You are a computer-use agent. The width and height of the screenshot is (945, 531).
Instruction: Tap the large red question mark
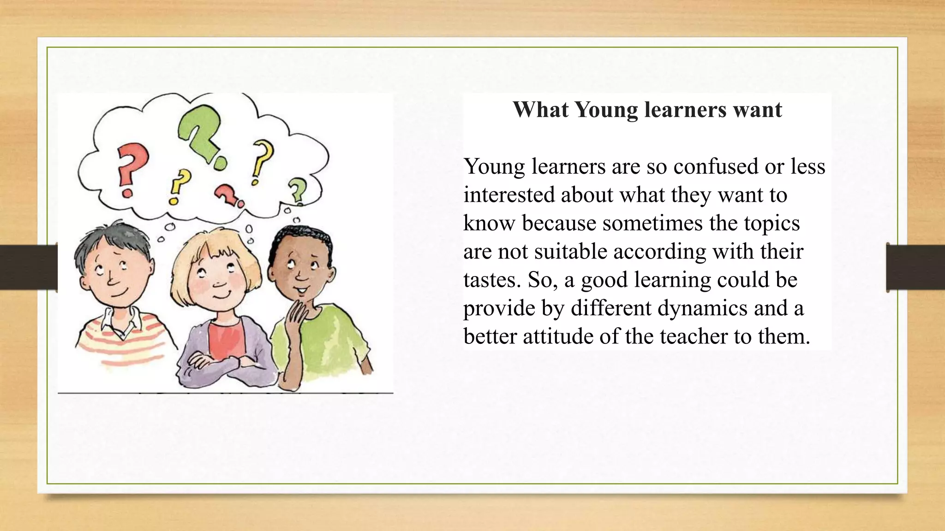(132, 166)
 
